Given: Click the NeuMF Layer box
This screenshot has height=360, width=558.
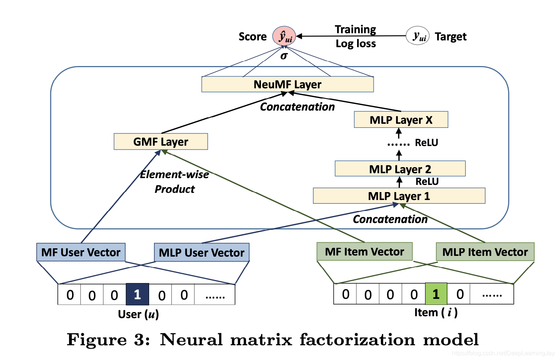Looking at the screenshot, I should pos(287,85).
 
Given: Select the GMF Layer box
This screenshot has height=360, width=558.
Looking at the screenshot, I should pos(160,142).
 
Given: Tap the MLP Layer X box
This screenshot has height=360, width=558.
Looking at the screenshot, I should pos(401,120).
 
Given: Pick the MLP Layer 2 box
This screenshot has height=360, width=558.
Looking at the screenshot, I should pos(400,169).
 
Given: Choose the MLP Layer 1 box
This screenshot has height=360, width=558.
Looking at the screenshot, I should pos(399,196).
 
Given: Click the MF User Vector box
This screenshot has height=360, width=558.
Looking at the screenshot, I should pos(81,252).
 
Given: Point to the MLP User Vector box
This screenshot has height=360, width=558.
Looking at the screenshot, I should pos(202,252).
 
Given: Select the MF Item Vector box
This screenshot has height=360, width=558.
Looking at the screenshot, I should pos(364,252).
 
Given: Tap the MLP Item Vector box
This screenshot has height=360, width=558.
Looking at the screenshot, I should pos(485,252).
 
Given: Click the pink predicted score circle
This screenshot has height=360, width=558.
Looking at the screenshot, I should pos(284,36).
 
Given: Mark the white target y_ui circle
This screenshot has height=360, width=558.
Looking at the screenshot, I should pos(418,36).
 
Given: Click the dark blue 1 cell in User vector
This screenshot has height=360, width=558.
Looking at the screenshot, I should pos(137,294).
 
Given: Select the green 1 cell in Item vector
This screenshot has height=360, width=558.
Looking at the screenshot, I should pos(436,294).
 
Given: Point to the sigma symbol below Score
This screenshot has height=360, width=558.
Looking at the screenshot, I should pos(284,56).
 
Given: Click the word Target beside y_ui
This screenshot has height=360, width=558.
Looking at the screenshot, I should pos(450,37).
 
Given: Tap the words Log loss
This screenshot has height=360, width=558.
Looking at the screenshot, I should pos(356,44).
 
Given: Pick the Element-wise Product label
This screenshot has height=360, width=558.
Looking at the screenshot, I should pos(174,182).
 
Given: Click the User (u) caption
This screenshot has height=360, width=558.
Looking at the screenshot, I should pos(138,314).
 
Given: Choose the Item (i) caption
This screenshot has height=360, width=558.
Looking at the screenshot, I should pos(436,312).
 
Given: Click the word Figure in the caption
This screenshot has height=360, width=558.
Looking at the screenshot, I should pos(97,340).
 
